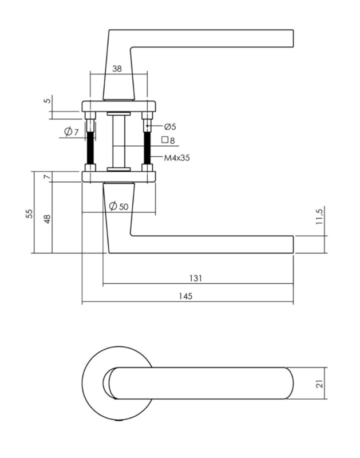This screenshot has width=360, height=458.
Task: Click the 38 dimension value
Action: (x=117, y=69)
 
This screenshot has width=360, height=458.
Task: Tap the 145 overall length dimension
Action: (x=185, y=296)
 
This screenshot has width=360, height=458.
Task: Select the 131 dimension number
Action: (x=195, y=278)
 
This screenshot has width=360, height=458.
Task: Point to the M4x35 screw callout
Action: (x=177, y=158)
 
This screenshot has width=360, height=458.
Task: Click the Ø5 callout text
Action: (x=170, y=127)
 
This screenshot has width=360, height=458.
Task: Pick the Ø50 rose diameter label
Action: (x=118, y=206)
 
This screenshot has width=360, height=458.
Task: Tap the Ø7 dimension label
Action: (x=72, y=132)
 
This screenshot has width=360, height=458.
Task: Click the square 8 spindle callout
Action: (x=168, y=140)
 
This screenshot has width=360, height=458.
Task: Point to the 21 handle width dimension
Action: (x=321, y=384)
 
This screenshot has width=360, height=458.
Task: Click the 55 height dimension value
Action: (x=29, y=214)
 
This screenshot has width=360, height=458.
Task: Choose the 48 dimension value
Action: (x=47, y=219)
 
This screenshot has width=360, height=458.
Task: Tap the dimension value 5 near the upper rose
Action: (x=47, y=101)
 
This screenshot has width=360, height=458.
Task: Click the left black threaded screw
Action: (x=90, y=148)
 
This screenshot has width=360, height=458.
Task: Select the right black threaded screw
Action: (x=147, y=148)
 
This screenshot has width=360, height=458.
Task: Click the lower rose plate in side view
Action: (x=118, y=176)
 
